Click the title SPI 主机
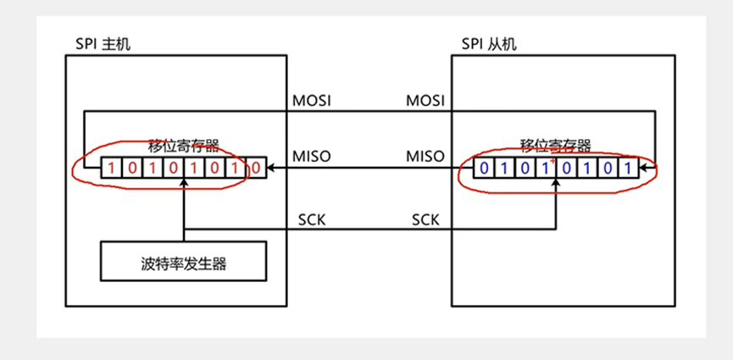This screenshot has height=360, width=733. [x=97, y=43]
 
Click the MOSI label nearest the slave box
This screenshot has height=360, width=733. [x=426, y=101]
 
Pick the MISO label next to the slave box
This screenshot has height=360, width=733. [x=426, y=157]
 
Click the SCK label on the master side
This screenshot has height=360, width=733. [x=310, y=219]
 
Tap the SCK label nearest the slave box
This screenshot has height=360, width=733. [x=425, y=219]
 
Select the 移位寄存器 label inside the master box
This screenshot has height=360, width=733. [x=183, y=146]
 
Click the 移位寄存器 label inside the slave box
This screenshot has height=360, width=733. [x=556, y=145]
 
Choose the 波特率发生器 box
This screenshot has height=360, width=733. [x=183, y=263]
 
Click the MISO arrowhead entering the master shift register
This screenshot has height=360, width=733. [x=272, y=168]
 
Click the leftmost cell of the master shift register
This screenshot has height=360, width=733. [x=110, y=168]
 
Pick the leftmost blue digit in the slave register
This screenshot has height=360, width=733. [x=483, y=168]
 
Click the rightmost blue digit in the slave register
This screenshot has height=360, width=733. [x=627, y=168]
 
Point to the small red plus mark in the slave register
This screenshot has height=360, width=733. [x=553, y=160]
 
